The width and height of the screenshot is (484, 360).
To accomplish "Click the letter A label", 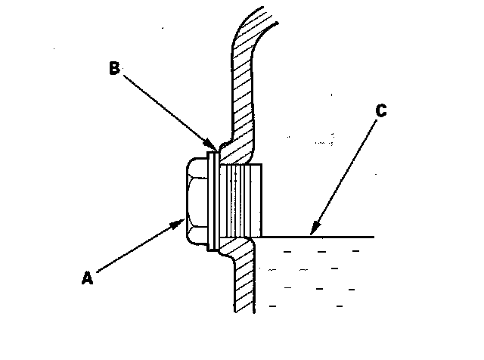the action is coord(88,278).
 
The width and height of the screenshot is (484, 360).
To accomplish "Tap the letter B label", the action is coord(113,68).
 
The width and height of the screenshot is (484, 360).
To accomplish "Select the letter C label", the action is coord(381,112).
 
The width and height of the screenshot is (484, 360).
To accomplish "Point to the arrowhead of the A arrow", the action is coord(181,221).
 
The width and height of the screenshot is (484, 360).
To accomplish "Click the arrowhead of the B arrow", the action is coord(213,148).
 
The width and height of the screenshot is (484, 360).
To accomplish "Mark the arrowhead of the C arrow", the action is coord(312,231).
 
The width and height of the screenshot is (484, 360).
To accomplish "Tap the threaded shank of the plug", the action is coord(240,200).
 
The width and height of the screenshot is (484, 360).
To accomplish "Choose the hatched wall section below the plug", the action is coord(244,280).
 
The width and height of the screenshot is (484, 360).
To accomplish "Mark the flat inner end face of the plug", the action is coord(262,200).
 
